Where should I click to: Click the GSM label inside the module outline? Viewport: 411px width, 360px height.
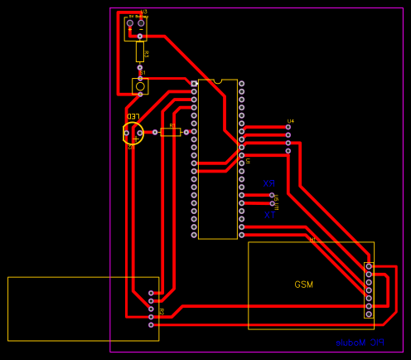pyautogui.click(x=304, y=285)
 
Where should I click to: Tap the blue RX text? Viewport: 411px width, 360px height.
pyautogui.click(x=268, y=184)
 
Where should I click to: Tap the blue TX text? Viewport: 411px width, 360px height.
pyautogui.click(x=268, y=216)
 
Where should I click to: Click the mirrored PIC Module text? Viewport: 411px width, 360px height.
pyautogui.click(x=360, y=343)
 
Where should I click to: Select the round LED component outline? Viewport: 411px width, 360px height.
pyautogui.click(x=133, y=133)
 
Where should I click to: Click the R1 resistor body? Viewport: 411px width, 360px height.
pyautogui.click(x=171, y=132)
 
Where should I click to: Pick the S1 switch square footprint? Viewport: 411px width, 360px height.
pyautogui.click(x=141, y=86)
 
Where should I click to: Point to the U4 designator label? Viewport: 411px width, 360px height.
pyautogui.click(x=290, y=121)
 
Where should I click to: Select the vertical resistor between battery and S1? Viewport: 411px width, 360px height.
pyautogui.click(x=140, y=52)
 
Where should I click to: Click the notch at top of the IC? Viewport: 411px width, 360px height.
pyautogui.click(x=218, y=81)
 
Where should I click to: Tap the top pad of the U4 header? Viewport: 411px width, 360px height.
pyautogui.click(x=288, y=127)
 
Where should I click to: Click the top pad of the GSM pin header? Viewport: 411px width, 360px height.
pyautogui.click(x=369, y=266)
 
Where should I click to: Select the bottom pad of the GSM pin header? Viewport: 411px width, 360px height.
pyautogui.click(x=369, y=315)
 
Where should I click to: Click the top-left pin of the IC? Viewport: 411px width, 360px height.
pyautogui.click(x=195, y=84)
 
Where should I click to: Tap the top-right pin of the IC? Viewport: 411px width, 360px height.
pyautogui.click(x=242, y=84)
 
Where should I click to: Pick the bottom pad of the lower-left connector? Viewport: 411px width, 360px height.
pyautogui.click(x=151, y=324)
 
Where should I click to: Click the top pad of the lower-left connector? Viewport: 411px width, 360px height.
pyautogui.click(x=151, y=293)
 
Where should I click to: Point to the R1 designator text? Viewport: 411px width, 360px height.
pyautogui.click(x=172, y=124)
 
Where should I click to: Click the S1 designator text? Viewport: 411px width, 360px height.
pyautogui.click(x=143, y=73)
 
